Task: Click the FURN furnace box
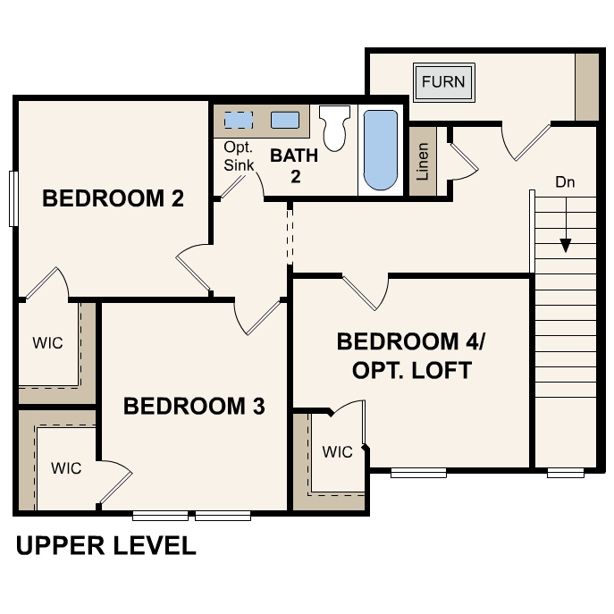[443, 82]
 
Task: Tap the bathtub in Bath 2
[380, 150]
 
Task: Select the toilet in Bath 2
[334, 129]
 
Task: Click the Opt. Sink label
[239, 156]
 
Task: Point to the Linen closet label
[423, 161]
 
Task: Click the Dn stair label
[565, 182]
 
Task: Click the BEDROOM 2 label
[113, 198]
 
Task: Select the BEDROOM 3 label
[194, 407]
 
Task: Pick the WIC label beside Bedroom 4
[337, 452]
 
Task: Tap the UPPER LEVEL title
[105, 546]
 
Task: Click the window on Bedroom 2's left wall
[13, 198]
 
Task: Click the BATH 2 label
[294, 164]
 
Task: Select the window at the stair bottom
[565, 472]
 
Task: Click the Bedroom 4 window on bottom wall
[418, 472]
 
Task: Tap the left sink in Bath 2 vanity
[237, 121]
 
